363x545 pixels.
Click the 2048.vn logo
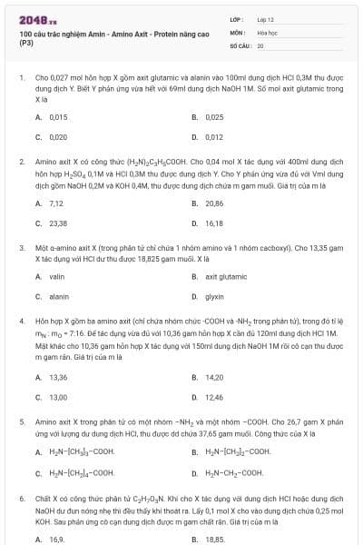pyautogui.click(x=34, y=18)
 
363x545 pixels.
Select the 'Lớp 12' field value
pyautogui.click(x=266, y=18)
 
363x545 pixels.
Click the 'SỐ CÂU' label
pyautogui.click(x=240, y=44)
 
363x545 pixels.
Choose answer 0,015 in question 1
pyautogui.click(x=57, y=117)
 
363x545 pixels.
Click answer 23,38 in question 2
pyautogui.click(x=57, y=223)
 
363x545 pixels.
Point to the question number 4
pyautogui.click(x=21, y=321)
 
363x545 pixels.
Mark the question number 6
pyautogui.click(x=21, y=499)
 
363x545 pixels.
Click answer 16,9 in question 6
pyautogui.click(x=56, y=539)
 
